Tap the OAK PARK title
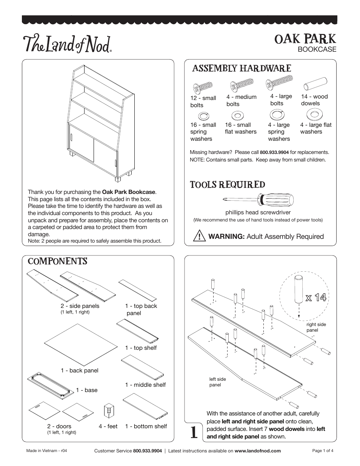tap(305, 39)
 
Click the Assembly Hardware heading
tap(242, 68)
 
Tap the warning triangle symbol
tap(198, 237)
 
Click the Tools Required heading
tap(227, 185)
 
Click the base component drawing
tap(49, 386)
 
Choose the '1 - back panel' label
tap(80, 371)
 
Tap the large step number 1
tap(193, 432)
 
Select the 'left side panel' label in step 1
tap(218, 382)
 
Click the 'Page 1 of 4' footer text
tap(323, 451)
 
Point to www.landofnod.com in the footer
tap(258, 451)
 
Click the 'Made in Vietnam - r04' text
tap(47, 451)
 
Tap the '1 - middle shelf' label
tap(145, 385)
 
